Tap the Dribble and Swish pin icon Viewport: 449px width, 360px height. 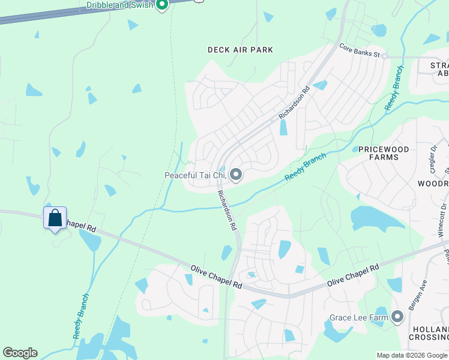coord(161,5)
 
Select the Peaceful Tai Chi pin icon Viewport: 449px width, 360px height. coord(236,175)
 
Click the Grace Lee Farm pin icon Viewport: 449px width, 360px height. coord(397,317)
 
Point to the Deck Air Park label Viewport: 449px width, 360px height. coord(240,50)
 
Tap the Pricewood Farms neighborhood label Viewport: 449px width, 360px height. coord(384,153)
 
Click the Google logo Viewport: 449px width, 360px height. coord(20,353)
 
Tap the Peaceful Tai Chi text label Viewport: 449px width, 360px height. coord(195,175)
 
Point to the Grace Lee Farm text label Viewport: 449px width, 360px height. coord(359,317)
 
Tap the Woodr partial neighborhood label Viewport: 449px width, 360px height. coord(433,183)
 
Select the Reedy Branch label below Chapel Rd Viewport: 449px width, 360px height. coord(81,316)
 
